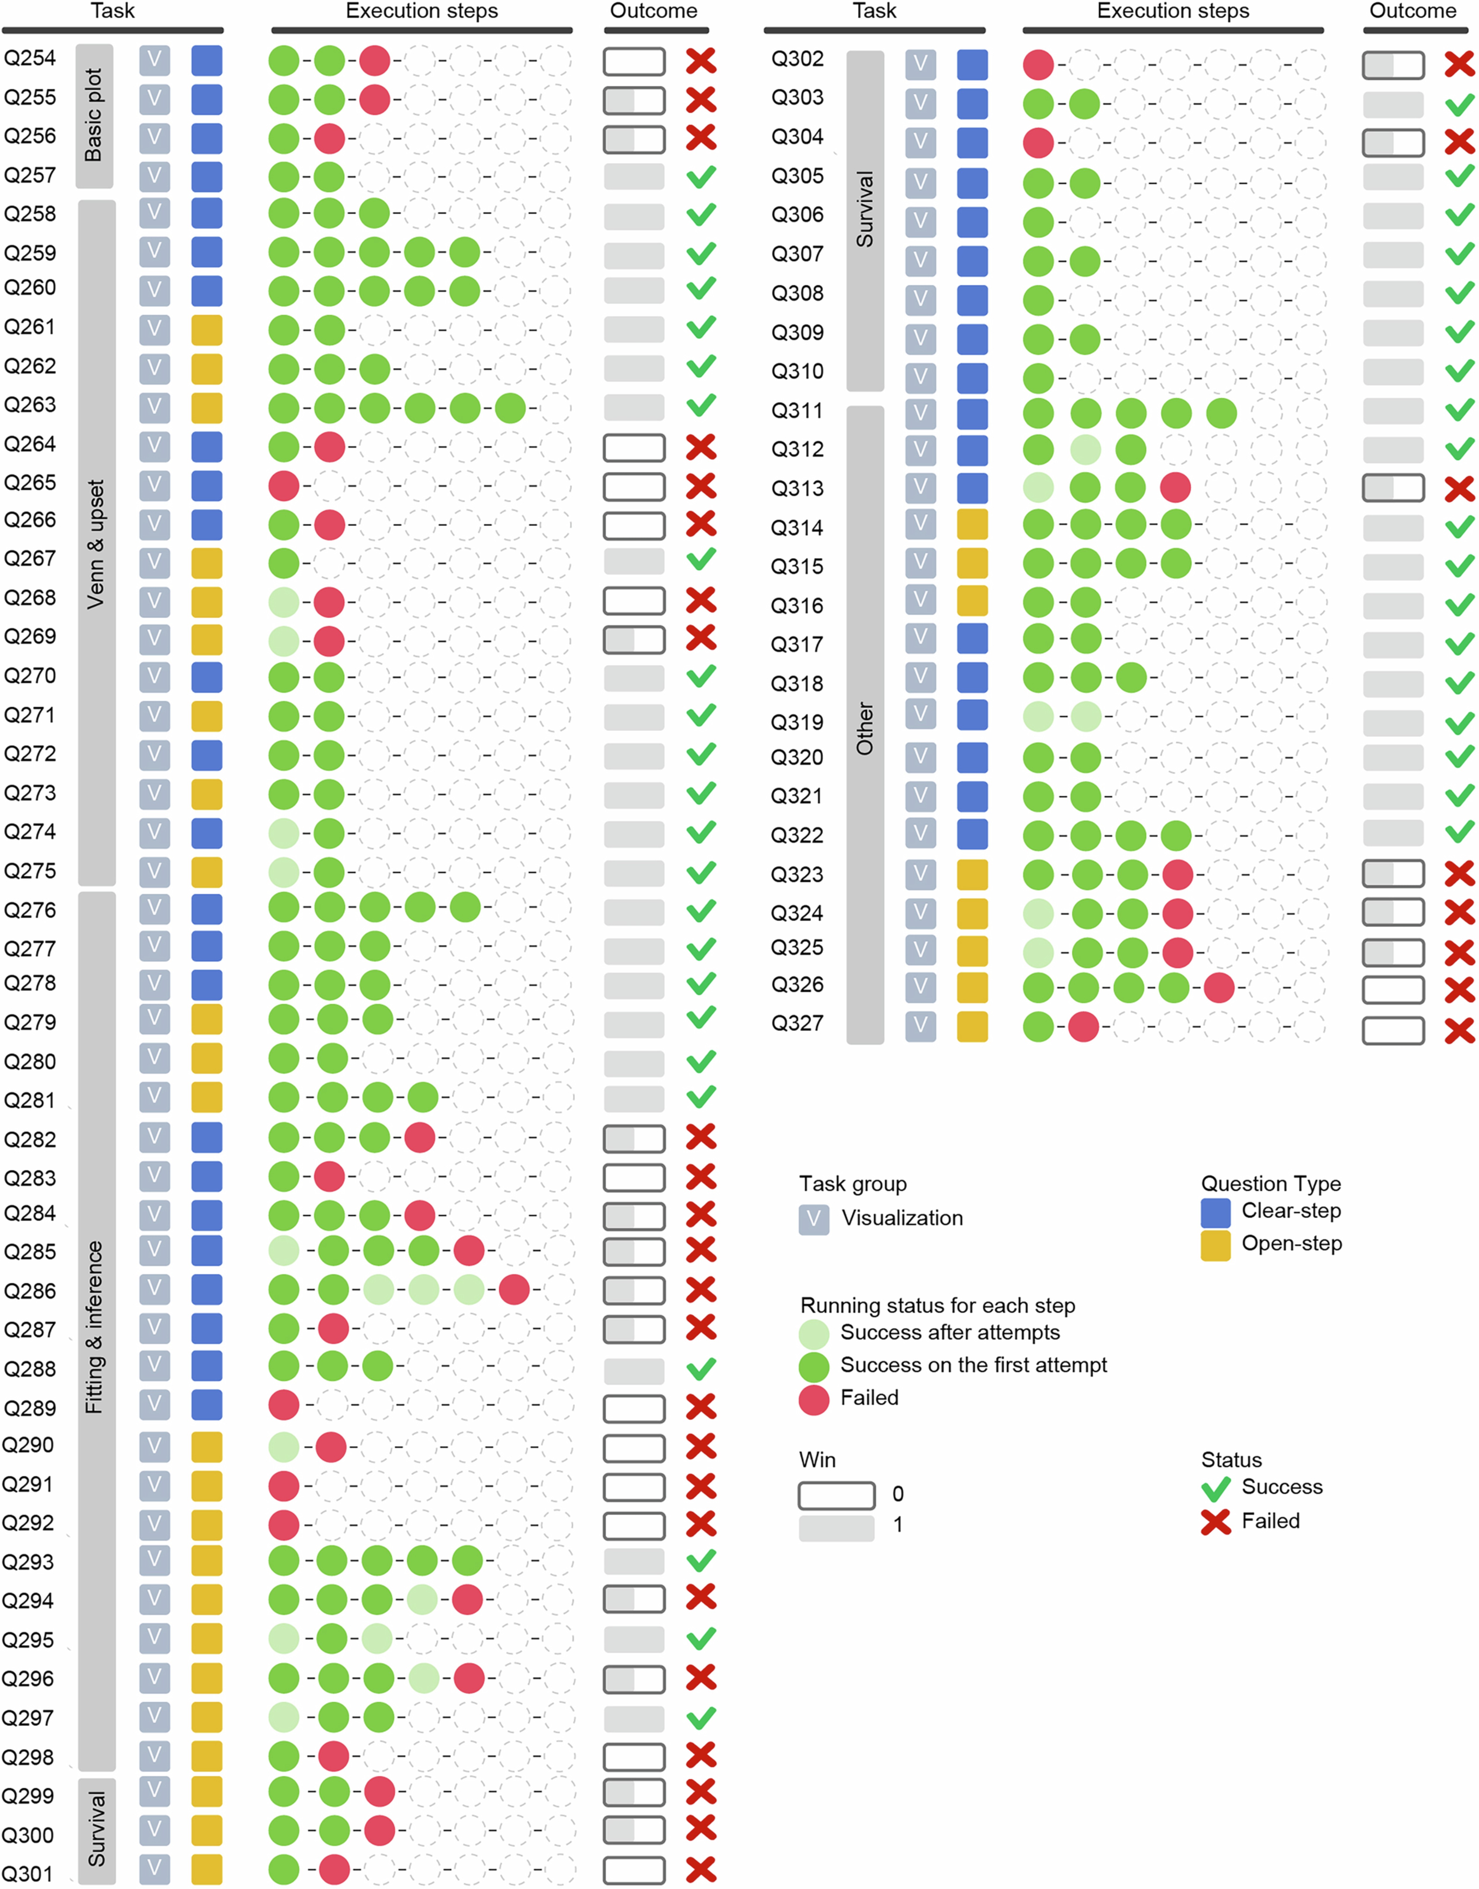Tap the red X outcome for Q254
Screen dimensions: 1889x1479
701,61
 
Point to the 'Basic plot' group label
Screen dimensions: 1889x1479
94,115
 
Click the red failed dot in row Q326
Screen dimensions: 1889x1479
1219,987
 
